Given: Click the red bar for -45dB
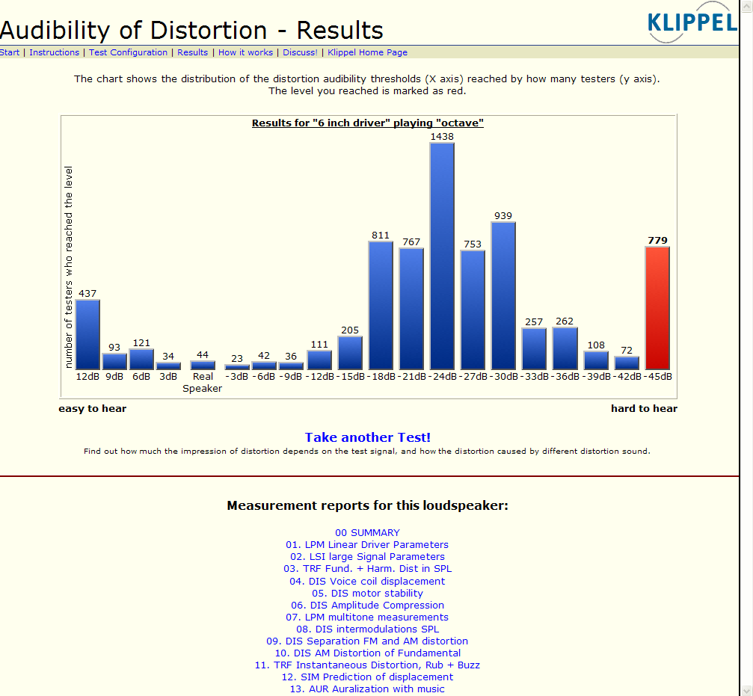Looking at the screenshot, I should click(657, 308).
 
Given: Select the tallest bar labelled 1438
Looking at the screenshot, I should click(442, 256).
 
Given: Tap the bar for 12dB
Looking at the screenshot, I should click(87, 334).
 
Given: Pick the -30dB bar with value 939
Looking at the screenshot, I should click(503, 295).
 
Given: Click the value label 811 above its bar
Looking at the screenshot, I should click(381, 235).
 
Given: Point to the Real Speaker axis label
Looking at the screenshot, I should click(203, 383).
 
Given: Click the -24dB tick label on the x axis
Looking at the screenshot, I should click(442, 377).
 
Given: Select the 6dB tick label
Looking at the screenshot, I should click(141, 377).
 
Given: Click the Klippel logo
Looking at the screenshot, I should click(692, 22).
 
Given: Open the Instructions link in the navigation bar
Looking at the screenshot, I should click(54, 52).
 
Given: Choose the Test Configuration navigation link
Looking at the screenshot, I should click(128, 52).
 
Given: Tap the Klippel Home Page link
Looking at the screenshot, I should click(367, 52).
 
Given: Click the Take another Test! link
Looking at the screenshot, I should click(367, 437).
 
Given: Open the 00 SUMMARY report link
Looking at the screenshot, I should click(367, 533).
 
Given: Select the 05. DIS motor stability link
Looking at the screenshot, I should click(367, 593).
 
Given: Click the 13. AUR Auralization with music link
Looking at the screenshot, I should click(367, 689).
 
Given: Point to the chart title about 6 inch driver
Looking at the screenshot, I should click(367, 123).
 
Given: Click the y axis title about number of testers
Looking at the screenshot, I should click(69, 268).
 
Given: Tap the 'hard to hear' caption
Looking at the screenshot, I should click(644, 408).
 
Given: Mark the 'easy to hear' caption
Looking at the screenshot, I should click(93, 408).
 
